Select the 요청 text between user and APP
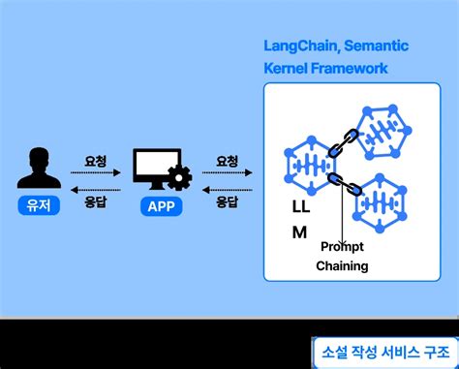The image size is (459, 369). point(95,161)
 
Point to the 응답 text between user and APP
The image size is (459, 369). point(95,203)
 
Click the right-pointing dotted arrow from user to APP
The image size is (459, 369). point(95,175)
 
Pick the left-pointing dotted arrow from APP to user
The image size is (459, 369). point(95,190)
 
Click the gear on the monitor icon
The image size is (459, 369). point(178,178)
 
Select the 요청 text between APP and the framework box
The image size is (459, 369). point(228,161)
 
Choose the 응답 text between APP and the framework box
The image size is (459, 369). point(228,203)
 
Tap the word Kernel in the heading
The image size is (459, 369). point(288,69)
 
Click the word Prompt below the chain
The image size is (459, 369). point(342,247)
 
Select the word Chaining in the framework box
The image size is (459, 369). point(342,266)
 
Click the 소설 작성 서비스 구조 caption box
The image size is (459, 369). point(381,350)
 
